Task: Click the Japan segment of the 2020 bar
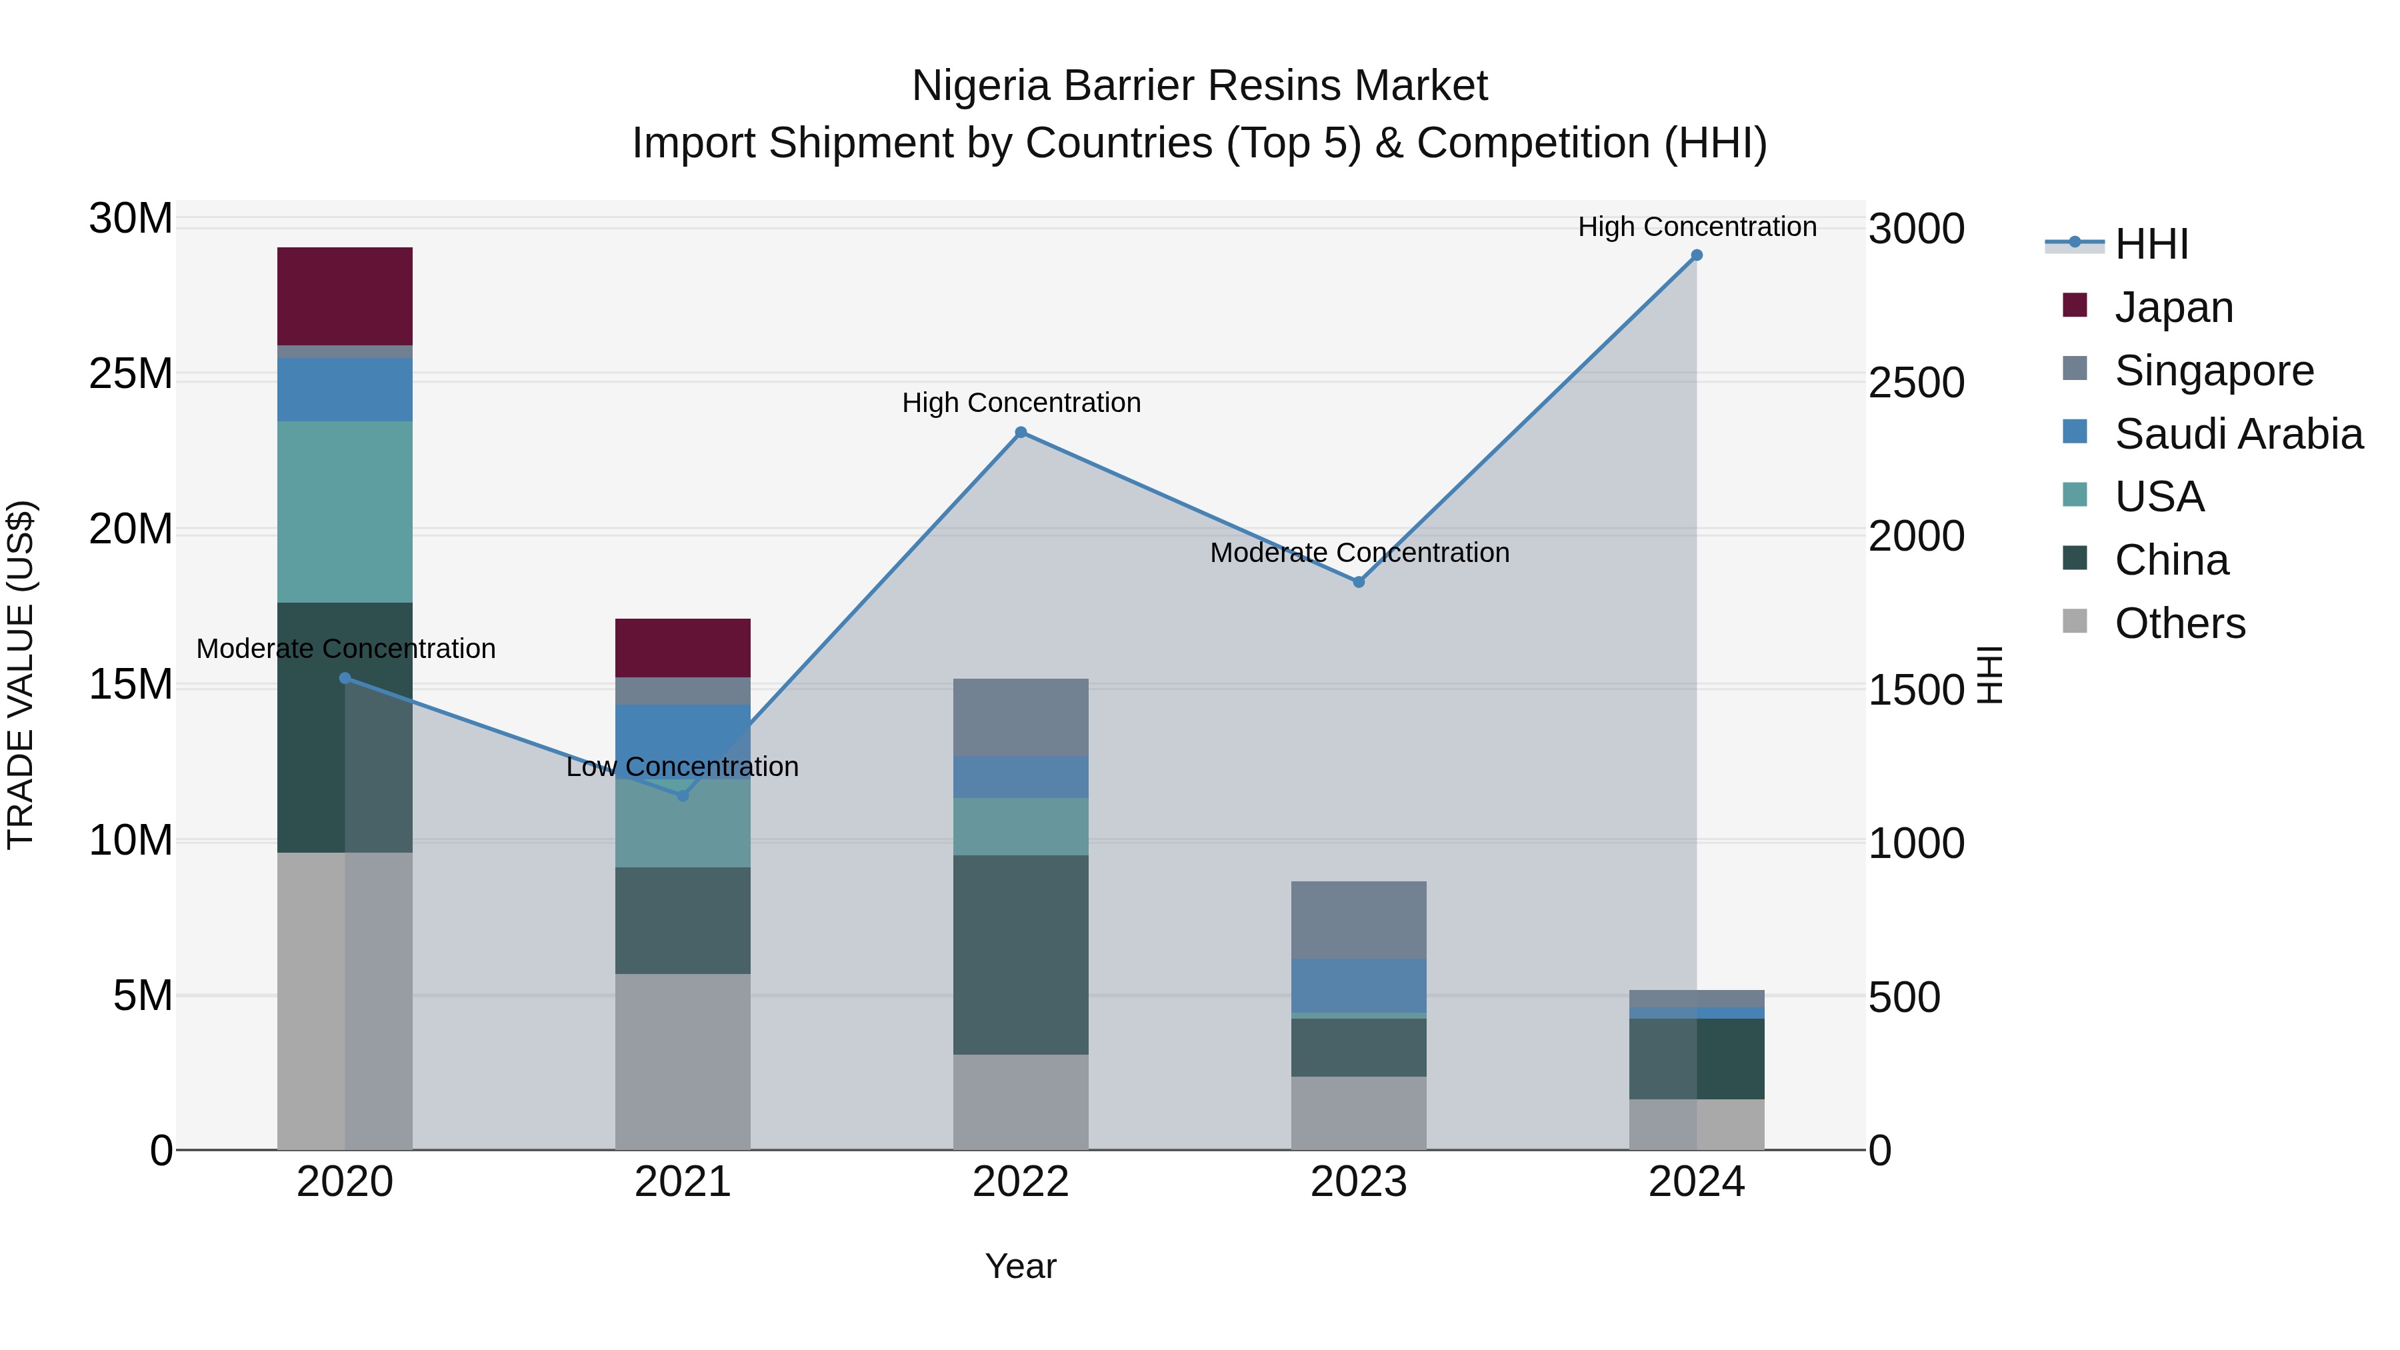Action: click(345, 296)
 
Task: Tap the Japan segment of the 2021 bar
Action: click(682, 647)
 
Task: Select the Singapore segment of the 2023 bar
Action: click(1359, 919)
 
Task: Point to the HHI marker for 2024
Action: click(1697, 255)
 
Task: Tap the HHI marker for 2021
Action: click(682, 795)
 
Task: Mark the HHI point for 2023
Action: click(1359, 581)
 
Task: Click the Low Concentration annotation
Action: click(682, 767)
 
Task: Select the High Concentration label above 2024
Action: click(1697, 227)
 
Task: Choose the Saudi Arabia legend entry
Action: click(2238, 434)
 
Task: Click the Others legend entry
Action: click(2179, 623)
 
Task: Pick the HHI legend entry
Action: click(2150, 244)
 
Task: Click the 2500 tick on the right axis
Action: click(1915, 383)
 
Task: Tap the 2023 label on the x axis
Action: click(1359, 1182)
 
